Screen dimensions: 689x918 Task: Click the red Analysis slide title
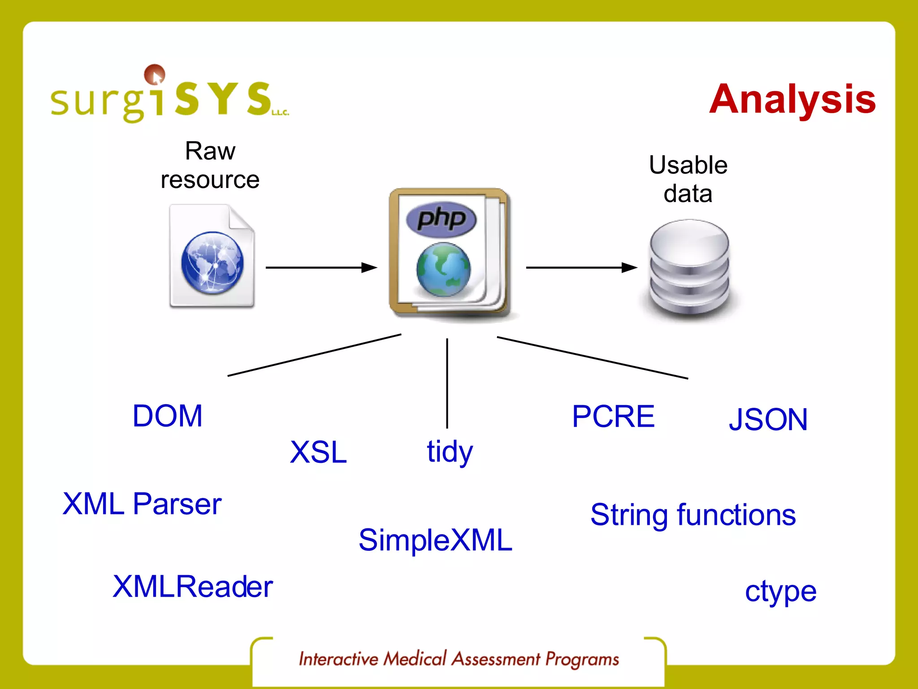tap(792, 99)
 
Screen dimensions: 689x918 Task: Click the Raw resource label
tap(210, 165)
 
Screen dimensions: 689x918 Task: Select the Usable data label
tap(688, 179)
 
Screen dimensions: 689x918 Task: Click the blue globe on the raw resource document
tap(212, 263)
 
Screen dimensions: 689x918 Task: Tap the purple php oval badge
tap(441, 219)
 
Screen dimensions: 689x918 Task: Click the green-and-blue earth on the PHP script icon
tap(443, 270)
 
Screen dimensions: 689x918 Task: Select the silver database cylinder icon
tap(689, 269)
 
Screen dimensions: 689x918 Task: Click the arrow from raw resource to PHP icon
tap(321, 268)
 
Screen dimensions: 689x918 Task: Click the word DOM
tap(168, 416)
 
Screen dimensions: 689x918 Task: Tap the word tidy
tap(450, 452)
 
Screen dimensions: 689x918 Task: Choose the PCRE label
tap(613, 416)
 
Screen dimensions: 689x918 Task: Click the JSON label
tap(768, 419)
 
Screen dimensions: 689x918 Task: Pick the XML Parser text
tap(142, 504)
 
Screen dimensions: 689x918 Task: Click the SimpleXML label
tap(435, 540)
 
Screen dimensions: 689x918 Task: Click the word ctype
tap(780, 592)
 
